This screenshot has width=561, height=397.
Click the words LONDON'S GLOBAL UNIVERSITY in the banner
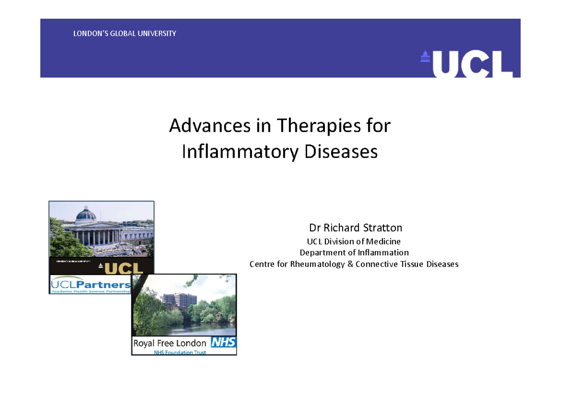click(124, 34)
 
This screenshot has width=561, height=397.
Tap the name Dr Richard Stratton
click(355, 228)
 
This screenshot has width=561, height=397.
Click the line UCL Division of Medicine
click(353, 241)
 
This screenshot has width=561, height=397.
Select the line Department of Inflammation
click(354, 253)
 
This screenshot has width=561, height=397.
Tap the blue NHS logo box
click(223, 342)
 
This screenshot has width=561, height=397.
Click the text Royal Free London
click(170, 343)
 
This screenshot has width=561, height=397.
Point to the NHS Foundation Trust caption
click(180, 352)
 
